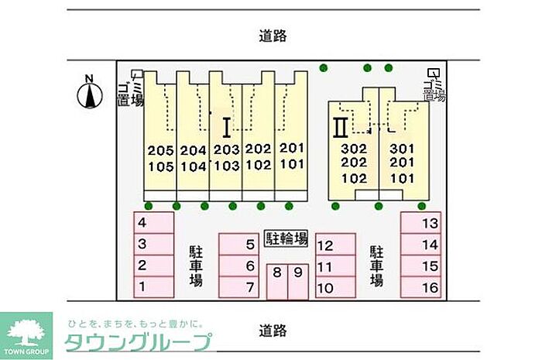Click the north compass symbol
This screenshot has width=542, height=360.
(x=89, y=94)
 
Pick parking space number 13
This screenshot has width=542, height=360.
(x=420, y=223)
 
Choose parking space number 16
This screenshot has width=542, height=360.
(x=420, y=287)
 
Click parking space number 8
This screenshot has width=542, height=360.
(x=277, y=282)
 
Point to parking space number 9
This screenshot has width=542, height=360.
(x=297, y=282)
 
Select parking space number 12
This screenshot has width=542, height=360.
(x=334, y=246)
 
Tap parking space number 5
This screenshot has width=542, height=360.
(x=238, y=245)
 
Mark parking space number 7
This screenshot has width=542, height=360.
(x=238, y=287)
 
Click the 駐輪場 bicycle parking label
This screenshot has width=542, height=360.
(x=286, y=238)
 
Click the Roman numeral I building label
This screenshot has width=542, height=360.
(x=226, y=126)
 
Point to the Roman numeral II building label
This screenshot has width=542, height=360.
(x=338, y=126)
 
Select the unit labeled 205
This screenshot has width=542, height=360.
(x=160, y=149)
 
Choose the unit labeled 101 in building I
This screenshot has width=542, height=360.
(x=291, y=164)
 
